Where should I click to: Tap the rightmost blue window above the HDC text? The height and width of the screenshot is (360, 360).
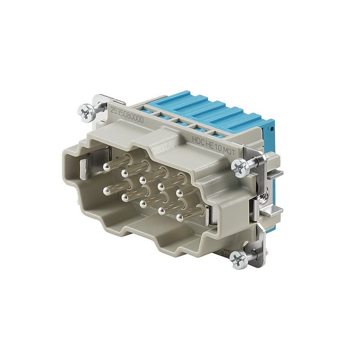(216, 134)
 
